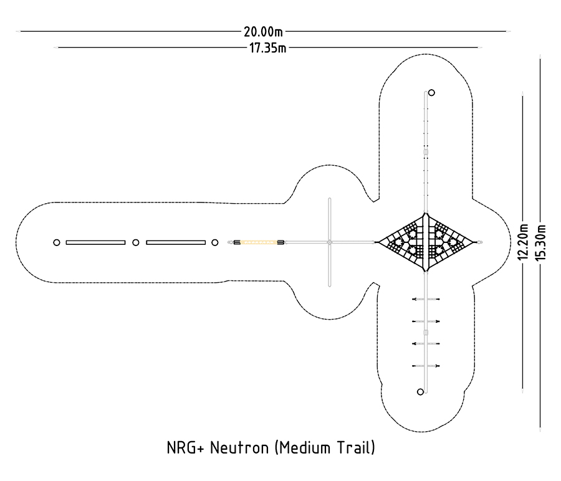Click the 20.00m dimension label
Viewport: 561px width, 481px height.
tap(263, 32)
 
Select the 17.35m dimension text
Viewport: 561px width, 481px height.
tap(267, 47)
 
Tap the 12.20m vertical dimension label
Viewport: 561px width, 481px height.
tap(523, 242)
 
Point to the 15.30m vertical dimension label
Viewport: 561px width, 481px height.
tap(540, 242)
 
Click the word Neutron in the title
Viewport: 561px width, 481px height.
tap(239, 448)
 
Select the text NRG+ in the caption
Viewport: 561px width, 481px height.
tap(185, 448)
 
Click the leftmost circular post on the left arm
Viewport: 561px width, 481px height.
tap(57, 242)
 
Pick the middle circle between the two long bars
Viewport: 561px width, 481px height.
tap(136, 242)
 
